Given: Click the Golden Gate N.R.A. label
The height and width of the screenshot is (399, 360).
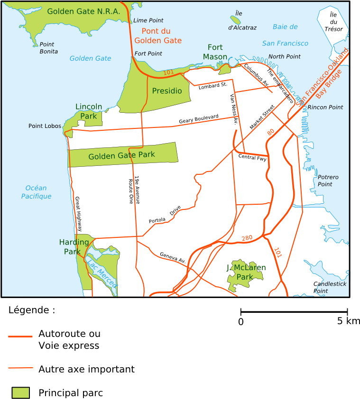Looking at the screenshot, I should tap(83, 11).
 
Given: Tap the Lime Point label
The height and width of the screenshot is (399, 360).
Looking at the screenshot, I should tap(148, 20).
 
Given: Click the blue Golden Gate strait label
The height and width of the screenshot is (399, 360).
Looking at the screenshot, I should tap(90, 58).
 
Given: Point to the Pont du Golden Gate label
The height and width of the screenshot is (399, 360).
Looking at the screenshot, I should tap(158, 36).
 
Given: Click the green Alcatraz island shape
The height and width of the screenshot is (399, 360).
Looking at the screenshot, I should tap(235, 20).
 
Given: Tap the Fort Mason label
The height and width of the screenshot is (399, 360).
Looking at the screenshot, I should tap(215, 52).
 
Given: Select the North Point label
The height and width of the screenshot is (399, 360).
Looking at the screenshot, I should tap(285, 57).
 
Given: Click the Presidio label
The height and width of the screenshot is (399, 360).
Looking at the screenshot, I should tap(167, 91).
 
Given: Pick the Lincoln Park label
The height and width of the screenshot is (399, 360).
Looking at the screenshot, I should tap(89, 111).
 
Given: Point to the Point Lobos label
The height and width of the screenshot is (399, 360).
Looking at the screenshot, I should tap(45, 126).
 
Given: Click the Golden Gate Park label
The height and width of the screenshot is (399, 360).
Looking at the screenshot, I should tap(121, 155).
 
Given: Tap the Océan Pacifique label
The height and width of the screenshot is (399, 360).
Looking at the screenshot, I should tap(36, 192).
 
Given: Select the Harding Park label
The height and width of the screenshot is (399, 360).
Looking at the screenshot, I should tap(74, 247).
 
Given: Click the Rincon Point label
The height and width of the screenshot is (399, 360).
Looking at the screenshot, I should tap(325, 108).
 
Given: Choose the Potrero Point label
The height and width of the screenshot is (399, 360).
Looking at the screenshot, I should tap(328, 181).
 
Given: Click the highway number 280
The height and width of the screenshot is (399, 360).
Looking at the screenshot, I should tap(247, 238).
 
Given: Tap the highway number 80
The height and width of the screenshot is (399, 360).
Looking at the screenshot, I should tap(270, 132).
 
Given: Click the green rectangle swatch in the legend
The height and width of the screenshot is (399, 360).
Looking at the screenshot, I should tap(20, 392).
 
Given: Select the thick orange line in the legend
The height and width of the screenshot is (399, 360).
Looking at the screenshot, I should tap(20, 336).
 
